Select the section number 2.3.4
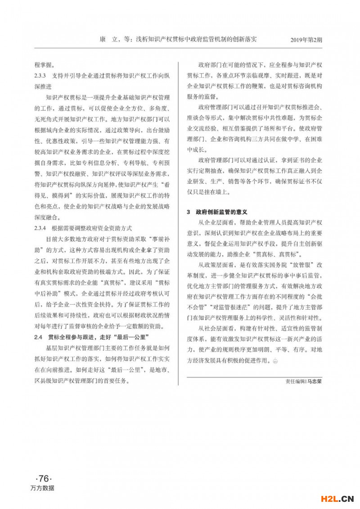pos(42,228)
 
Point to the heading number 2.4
pos(38,337)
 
